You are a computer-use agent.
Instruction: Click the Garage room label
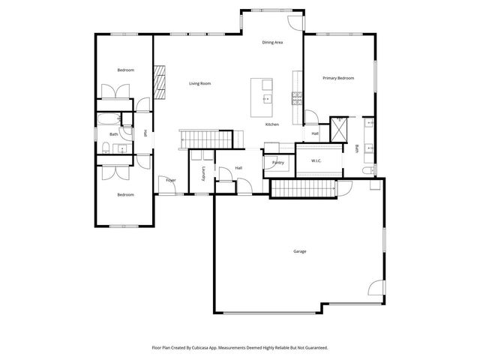(x=299, y=251)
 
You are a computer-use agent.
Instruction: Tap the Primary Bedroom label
(x=338, y=78)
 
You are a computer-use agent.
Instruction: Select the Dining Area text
(x=272, y=43)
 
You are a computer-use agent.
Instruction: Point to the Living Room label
(x=199, y=83)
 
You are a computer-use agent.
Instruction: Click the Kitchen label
(x=272, y=124)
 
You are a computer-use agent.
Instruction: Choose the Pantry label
(x=278, y=162)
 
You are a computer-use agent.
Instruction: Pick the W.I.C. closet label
(x=307, y=160)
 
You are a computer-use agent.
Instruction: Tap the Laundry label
(x=203, y=174)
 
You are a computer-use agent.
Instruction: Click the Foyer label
(x=171, y=180)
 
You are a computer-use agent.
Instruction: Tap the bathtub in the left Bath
(x=107, y=119)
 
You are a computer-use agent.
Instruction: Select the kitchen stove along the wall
(x=297, y=96)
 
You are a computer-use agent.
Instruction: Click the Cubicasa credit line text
(x=240, y=348)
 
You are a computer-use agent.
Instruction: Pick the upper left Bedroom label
(x=125, y=70)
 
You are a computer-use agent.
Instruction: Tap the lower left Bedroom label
(x=125, y=195)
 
